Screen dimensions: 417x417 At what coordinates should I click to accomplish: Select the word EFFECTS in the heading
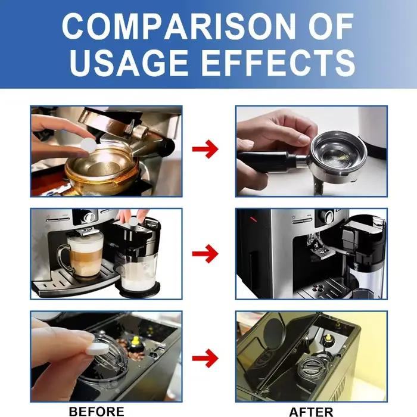[278, 63]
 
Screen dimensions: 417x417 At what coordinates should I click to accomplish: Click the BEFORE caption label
[97, 411]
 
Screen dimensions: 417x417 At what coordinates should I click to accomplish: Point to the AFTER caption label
[311, 412]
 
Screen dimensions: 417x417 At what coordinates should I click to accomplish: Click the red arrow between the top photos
[205, 149]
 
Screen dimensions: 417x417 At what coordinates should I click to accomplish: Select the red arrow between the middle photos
[205, 253]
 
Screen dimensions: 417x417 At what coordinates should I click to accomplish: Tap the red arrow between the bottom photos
[205, 358]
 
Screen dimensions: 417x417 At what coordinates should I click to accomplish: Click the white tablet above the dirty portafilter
[88, 145]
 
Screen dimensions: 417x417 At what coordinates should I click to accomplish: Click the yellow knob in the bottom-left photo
[136, 340]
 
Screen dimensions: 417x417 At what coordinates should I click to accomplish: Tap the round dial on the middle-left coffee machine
[89, 217]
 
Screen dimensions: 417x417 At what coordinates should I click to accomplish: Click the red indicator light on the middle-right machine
[253, 219]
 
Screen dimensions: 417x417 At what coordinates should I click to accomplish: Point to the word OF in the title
[331, 26]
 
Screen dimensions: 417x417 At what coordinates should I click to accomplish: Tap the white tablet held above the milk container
[133, 221]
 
